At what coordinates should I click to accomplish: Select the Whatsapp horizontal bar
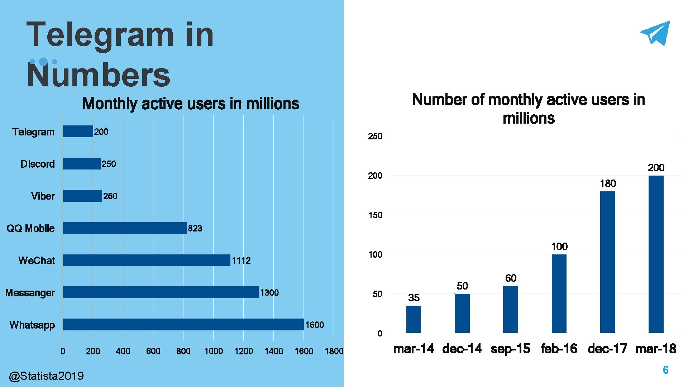click(183, 325)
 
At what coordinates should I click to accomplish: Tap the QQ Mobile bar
click(125, 228)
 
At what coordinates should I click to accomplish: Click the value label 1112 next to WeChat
click(241, 261)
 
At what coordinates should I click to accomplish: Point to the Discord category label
click(38, 164)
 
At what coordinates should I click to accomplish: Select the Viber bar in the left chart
click(82, 196)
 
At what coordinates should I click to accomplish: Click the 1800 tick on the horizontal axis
click(334, 351)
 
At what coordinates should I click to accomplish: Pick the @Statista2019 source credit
click(46, 376)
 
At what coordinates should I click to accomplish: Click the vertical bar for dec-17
click(607, 262)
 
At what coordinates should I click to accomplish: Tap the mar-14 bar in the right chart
click(414, 319)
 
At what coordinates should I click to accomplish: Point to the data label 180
click(608, 183)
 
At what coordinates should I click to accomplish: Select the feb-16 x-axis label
click(559, 349)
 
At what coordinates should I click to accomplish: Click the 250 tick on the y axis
click(375, 137)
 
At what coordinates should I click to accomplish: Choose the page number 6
click(665, 370)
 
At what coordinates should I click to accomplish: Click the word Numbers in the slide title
click(99, 75)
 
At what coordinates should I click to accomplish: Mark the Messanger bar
click(161, 292)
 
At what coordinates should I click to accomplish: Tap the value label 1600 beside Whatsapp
click(315, 325)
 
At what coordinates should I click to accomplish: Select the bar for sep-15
click(510, 310)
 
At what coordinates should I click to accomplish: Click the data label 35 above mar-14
click(414, 298)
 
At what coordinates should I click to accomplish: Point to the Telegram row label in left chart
click(33, 132)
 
